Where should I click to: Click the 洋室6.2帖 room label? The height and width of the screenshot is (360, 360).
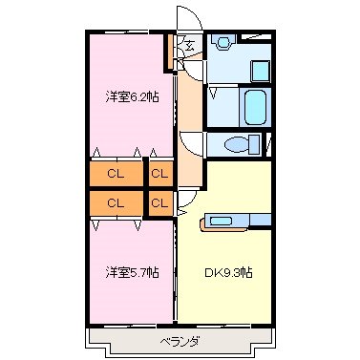[x=131, y=95]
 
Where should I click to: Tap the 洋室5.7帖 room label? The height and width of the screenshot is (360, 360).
[x=131, y=272]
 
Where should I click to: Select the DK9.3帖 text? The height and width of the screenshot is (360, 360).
[x=228, y=272]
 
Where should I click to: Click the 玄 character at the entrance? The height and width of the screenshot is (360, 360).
[x=189, y=45]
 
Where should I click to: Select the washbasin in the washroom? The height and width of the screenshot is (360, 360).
[x=223, y=43]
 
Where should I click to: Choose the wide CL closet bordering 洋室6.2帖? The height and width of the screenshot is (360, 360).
[x=115, y=174]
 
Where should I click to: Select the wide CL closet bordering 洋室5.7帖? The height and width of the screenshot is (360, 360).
[x=115, y=202]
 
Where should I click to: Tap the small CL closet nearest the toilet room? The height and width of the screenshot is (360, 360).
[x=159, y=174]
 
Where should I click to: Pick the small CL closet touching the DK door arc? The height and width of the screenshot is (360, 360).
[x=159, y=202]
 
